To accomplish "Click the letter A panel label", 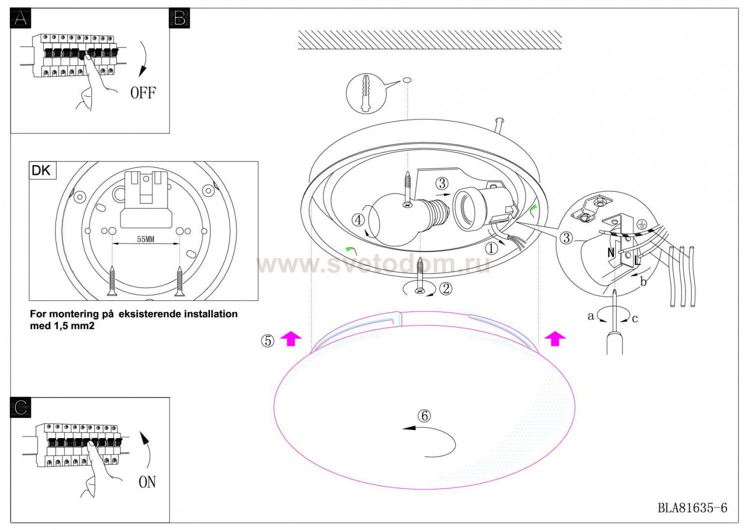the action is pos(21,18).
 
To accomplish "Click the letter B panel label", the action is pos(179,18).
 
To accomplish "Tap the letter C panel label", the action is pos(21,407).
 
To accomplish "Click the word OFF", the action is pos(143,92).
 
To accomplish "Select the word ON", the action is pos(147,482).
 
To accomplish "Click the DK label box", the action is pos(42,170).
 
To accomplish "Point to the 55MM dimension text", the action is pos(145,239).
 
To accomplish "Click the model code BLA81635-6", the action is pos(692,508).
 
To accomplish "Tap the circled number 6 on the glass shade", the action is pos(424,416).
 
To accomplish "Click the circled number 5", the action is pos(267,341).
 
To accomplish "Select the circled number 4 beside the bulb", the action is pos(358,220).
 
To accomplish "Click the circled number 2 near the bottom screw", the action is pos(445,288).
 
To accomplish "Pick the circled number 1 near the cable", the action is pos(491,248).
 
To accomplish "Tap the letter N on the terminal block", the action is pos(611,253).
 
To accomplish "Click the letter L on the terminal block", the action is pos(637,260).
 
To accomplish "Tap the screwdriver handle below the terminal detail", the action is pos(614,342).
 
